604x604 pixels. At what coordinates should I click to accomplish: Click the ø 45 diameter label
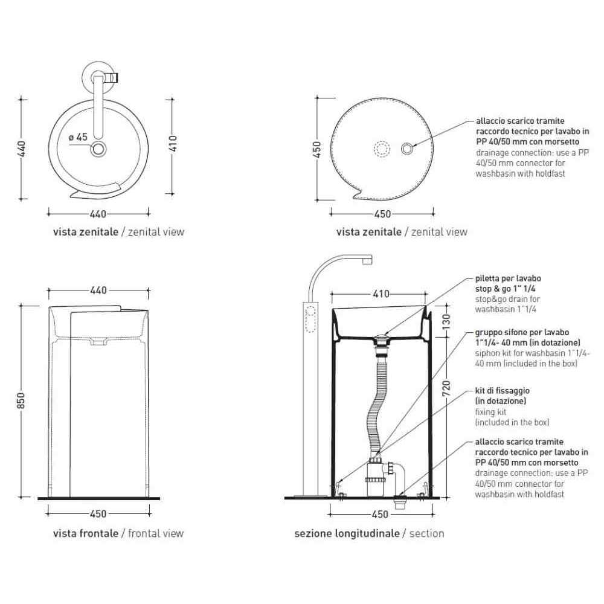coord(78,137)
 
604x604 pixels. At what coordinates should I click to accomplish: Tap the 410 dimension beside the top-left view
coord(172,143)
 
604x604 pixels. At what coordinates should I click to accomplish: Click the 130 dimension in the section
coord(446,322)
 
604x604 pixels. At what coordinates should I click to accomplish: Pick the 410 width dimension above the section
coord(381,294)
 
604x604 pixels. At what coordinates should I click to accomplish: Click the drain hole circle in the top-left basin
coord(98,149)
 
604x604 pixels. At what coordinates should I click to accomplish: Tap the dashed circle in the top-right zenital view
coord(382,149)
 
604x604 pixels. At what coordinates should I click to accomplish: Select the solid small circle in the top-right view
coord(407,149)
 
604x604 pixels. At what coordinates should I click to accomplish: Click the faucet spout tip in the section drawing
coord(367,261)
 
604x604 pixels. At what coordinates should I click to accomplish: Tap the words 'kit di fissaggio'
coord(503,391)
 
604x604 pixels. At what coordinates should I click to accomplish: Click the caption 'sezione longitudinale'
coord(347,533)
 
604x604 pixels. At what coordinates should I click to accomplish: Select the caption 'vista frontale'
coord(86,533)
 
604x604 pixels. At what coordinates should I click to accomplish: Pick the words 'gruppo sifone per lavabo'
coord(522,332)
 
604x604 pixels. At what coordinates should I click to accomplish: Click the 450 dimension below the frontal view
coord(98,514)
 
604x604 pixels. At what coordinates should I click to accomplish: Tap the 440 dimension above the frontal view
coord(98,291)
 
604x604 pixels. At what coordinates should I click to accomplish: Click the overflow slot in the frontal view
coord(98,341)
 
